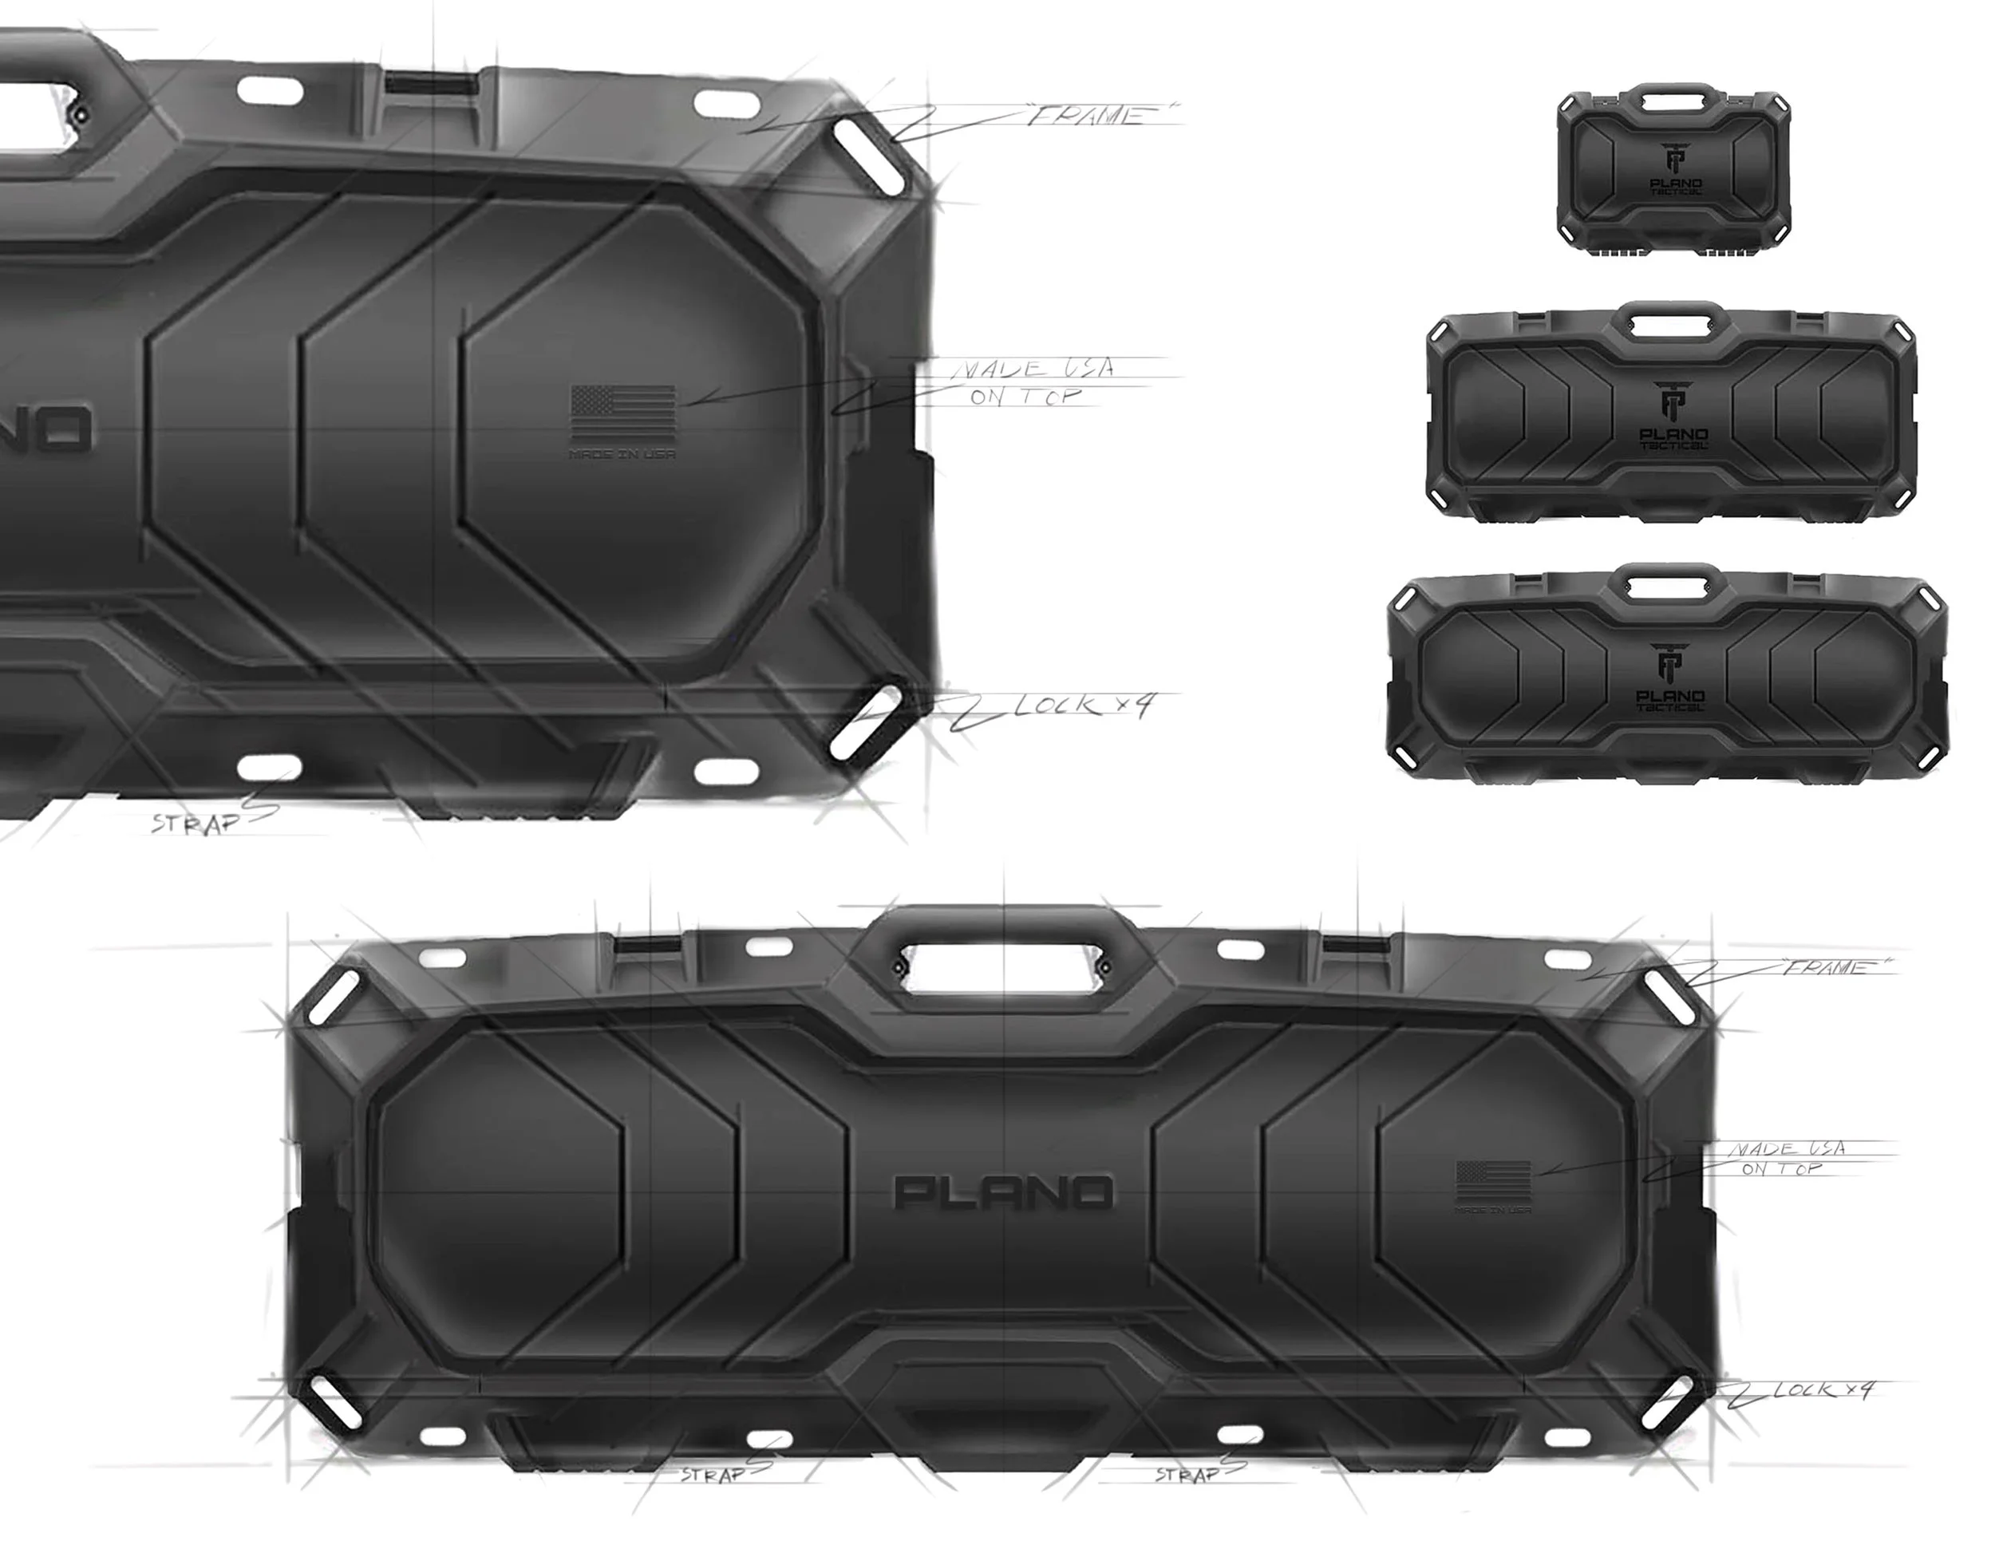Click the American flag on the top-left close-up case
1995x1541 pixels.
pos(623,413)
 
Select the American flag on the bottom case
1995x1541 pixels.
pos(1492,1183)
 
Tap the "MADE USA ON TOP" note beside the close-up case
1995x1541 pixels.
pos(1032,381)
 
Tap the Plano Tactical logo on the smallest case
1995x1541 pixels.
pos(1675,170)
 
